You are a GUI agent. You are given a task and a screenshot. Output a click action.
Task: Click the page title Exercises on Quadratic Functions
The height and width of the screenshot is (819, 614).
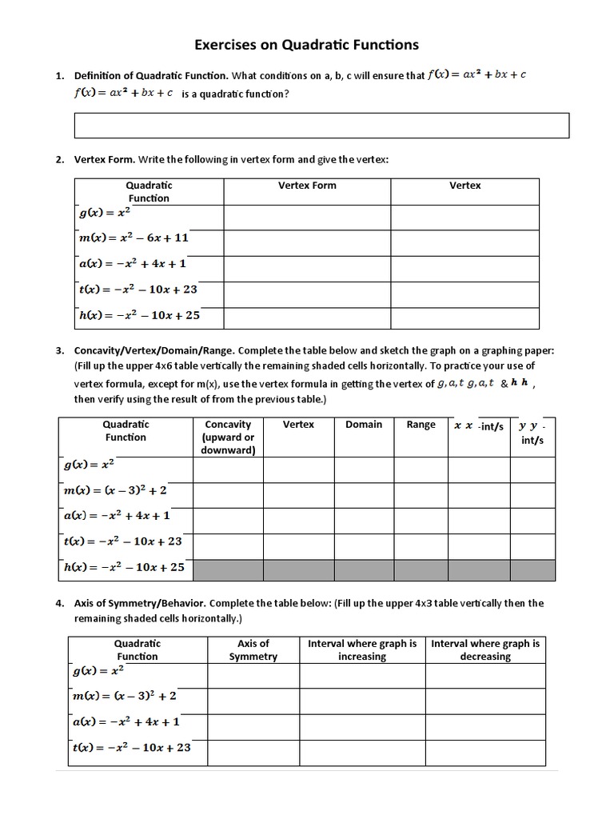pos(307,45)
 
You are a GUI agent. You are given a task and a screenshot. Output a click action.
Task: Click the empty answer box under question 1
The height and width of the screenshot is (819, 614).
pos(321,126)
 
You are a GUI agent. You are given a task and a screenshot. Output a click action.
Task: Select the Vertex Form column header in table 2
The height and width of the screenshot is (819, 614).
pos(307,186)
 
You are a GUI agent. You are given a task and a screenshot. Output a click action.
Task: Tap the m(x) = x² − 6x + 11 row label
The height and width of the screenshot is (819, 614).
pos(134,238)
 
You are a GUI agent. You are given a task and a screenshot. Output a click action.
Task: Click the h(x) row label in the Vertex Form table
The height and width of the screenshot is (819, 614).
pos(139,315)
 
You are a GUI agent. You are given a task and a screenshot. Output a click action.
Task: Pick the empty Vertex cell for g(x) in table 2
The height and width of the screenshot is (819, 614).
pos(464,217)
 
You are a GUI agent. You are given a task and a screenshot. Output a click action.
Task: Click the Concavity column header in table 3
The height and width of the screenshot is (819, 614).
pos(228,437)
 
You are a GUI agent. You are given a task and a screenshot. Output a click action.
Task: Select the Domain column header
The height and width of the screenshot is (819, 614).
pos(364,425)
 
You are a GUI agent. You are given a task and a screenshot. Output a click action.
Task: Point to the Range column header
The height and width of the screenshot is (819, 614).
pos(421,425)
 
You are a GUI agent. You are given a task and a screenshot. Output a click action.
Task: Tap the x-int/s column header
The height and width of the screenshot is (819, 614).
pos(479,426)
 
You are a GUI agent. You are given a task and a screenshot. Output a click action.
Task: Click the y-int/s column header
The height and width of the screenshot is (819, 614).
pos(532,433)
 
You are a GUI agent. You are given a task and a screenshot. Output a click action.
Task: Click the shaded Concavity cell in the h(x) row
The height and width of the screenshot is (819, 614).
pos(228,569)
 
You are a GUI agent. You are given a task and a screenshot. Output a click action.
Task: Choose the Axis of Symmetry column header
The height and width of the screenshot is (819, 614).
pos(253,649)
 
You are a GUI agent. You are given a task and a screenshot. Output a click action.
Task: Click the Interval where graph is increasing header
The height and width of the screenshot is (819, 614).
pos(362,649)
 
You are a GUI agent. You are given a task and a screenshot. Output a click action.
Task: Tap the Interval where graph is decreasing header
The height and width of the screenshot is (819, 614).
pos(485,649)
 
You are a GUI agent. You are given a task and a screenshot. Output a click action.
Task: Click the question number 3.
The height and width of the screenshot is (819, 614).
pos(60,350)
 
